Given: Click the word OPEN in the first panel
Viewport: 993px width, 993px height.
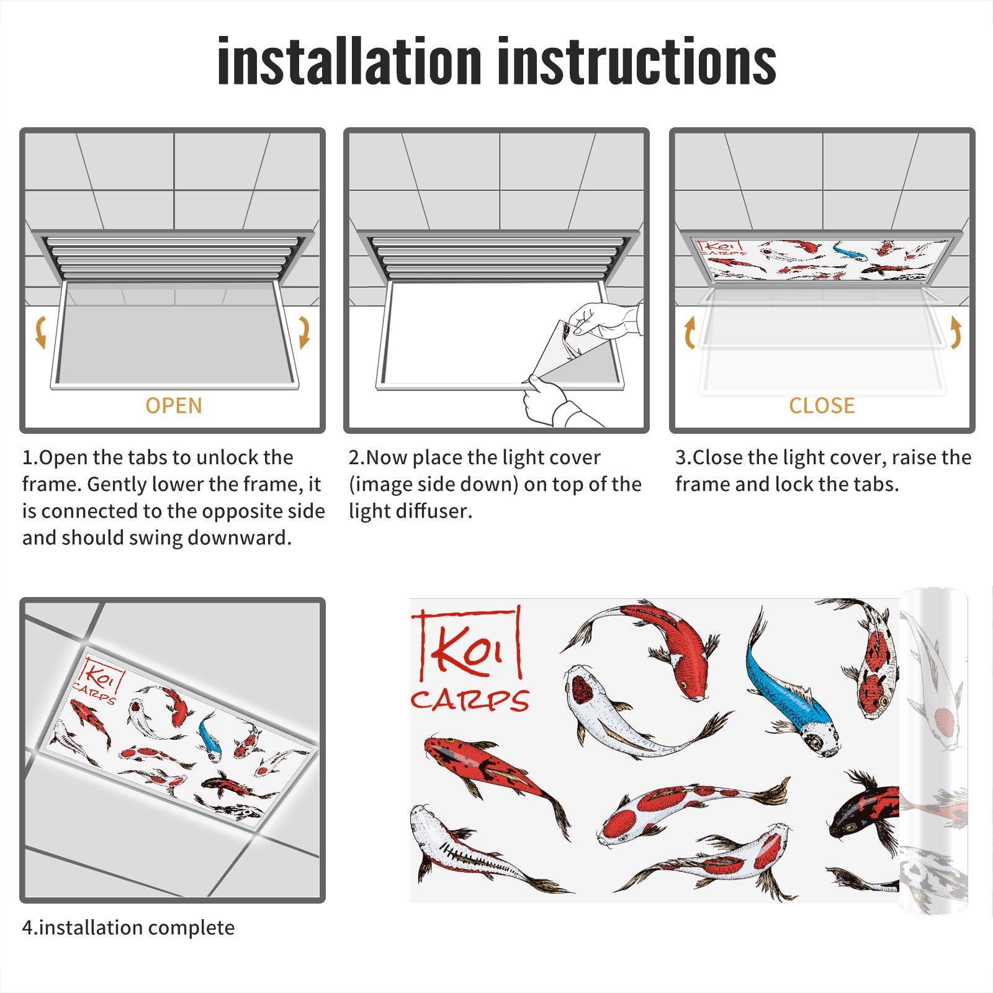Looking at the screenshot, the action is (174, 406).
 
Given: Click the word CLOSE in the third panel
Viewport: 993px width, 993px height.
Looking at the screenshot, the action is (822, 406).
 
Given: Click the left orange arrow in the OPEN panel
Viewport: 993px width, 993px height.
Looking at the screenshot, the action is (40, 332).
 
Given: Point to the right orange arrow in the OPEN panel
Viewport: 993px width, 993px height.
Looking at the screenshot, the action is (305, 332).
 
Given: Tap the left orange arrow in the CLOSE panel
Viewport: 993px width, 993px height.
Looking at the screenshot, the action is (689, 332).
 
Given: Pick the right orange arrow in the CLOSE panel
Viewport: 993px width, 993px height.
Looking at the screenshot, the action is (956, 332).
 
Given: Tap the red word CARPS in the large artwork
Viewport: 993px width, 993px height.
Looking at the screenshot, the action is (470, 700).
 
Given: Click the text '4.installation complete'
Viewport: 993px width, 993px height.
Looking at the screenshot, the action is (128, 928).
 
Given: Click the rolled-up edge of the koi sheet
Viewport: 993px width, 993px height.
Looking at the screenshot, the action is (933, 751).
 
